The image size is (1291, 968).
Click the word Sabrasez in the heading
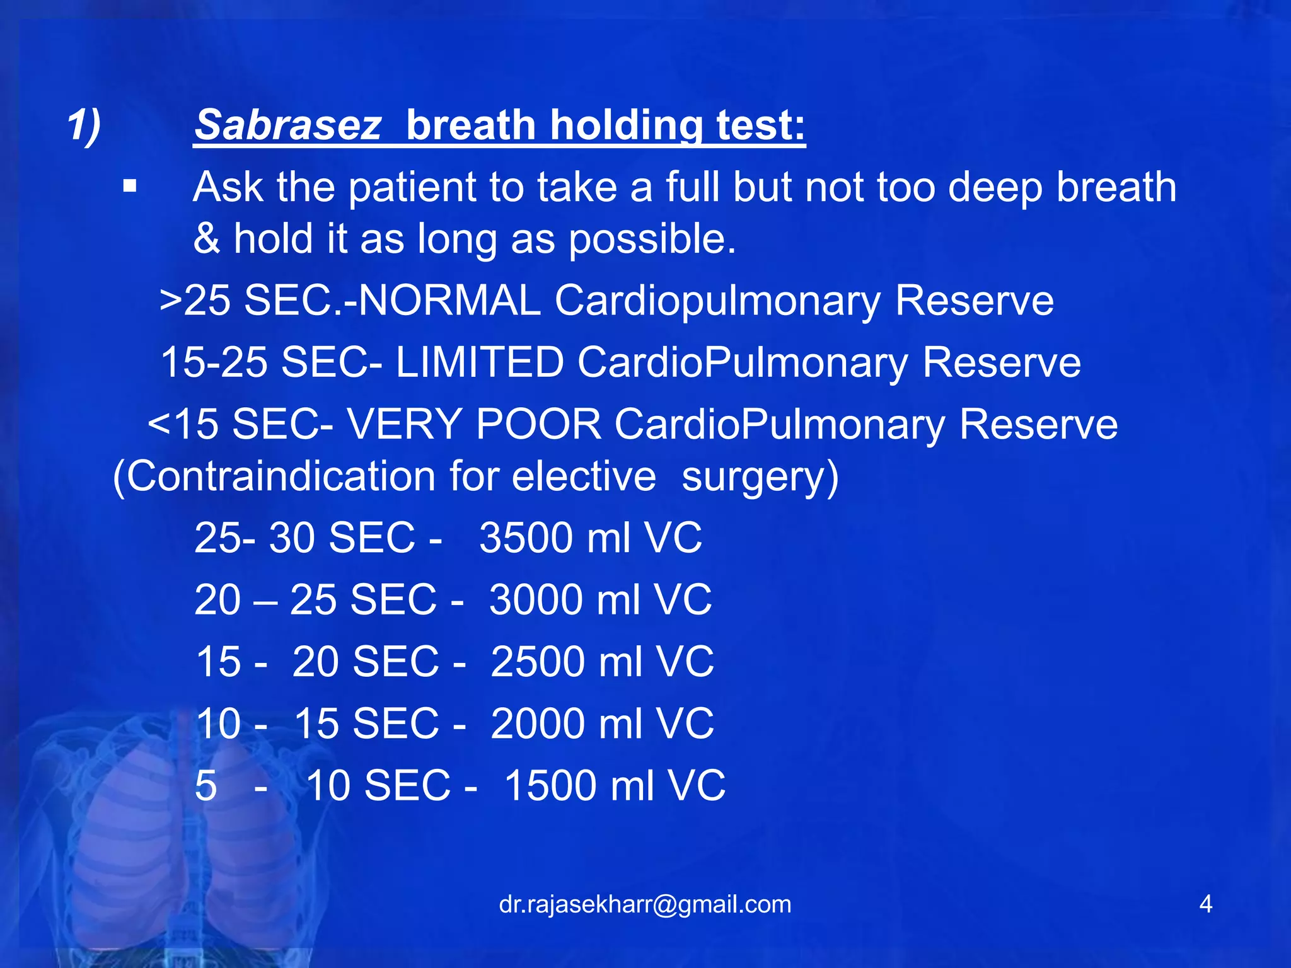(287, 125)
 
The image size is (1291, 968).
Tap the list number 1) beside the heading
(84, 125)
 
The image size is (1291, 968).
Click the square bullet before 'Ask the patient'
(130, 187)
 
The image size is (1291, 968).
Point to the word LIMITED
(479, 362)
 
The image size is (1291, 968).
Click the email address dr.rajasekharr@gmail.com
(645, 904)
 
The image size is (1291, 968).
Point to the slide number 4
(1205, 904)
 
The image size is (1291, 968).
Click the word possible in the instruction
(652, 239)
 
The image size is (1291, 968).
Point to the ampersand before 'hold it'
(207, 239)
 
